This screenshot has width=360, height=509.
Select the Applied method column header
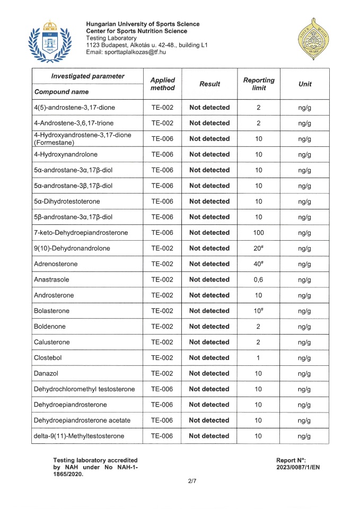pos(162,84)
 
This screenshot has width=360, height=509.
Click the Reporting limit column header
pos(259,84)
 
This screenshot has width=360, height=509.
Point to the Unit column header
pos(305,84)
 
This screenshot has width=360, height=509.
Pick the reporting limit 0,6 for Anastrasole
pos(258,279)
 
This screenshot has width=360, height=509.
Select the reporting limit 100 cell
pos(258,233)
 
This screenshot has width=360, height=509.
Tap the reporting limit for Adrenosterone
pos(258,264)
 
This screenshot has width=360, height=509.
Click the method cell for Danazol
pos(162,373)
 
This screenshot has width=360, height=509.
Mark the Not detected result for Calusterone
pos(209,342)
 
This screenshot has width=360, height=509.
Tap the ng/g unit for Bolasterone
pos(304,311)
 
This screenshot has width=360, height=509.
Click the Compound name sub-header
pos(61,92)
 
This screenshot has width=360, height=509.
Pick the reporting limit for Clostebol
pos(258,358)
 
